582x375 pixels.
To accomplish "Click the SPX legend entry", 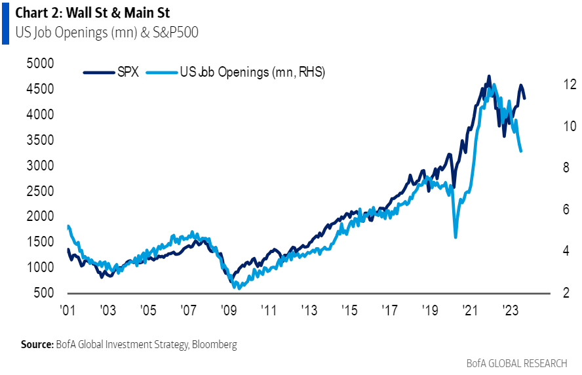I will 111,73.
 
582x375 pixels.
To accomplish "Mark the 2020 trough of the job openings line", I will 455,237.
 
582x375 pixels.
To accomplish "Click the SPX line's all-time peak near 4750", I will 488,77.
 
